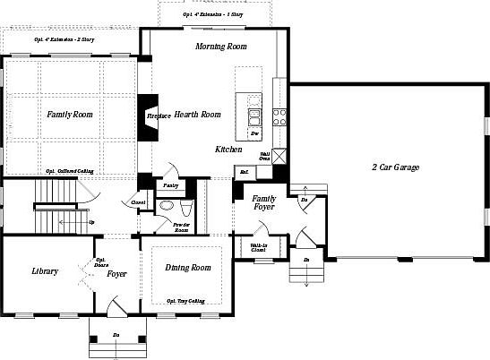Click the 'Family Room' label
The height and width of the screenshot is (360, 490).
pos(70,115)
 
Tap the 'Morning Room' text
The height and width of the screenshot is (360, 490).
pos(220,47)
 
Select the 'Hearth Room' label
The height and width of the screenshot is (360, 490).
pos(197,115)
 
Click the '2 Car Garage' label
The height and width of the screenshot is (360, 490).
pos(395,167)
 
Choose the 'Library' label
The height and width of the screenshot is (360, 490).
pos(45,271)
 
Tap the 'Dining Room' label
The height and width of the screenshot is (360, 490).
pos(188,268)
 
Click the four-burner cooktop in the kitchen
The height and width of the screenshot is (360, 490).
pos(279,116)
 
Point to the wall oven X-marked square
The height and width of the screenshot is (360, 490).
pos(280,156)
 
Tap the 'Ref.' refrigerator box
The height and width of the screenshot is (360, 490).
pos(243,171)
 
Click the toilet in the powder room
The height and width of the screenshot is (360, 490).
pos(166,206)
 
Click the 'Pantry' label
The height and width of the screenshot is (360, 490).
pos(169,185)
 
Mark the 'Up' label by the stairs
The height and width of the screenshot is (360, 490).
pos(90,221)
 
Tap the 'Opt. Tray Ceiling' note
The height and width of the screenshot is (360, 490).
pos(185,301)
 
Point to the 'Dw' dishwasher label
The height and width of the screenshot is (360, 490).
pos(255,133)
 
